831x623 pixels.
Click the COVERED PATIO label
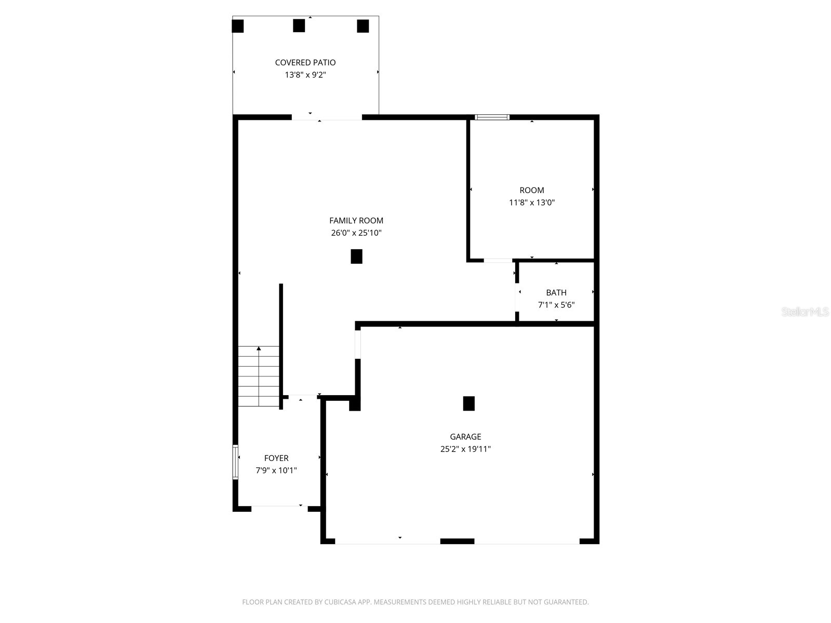click(x=305, y=62)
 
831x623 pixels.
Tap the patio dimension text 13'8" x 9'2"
click(x=305, y=75)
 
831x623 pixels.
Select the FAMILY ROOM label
click(x=356, y=221)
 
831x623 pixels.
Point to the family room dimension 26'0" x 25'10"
click(x=356, y=233)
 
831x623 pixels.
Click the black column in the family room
click(x=356, y=256)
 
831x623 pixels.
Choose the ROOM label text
click(x=531, y=190)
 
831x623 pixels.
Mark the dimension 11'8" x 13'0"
click(x=531, y=202)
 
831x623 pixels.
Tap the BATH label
click(x=556, y=292)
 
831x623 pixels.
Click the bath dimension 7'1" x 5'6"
click(x=556, y=305)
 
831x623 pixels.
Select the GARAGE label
click(x=465, y=437)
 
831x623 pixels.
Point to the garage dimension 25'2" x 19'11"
click(x=465, y=449)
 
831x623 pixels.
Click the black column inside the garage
click(x=468, y=403)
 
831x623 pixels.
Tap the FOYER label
click(x=276, y=458)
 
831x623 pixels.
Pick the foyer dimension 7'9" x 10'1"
click(x=276, y=470)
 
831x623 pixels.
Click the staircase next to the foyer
click(x=259, y=376)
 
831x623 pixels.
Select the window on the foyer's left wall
click(x=235, y=462)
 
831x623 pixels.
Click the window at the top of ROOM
click(x=492, y=117)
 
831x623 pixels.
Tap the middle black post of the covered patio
click(x=299, y=26)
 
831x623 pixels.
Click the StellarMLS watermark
click(x=805, y=311)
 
